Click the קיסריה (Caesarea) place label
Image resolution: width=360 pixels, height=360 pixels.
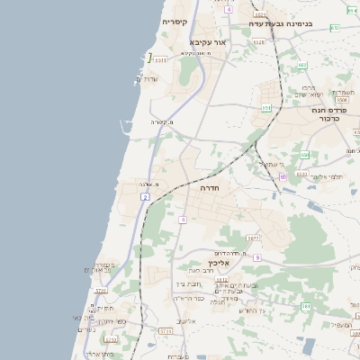coord(174,21)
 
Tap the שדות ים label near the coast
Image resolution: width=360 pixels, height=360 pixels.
coord(147,79)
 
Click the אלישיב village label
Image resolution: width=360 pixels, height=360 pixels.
coord(186,321)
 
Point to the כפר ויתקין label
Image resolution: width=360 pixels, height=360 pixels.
coord(113,321)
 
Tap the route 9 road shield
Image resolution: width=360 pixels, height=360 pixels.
coord(256,258)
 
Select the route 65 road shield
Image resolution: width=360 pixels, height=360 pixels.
coord(283,176)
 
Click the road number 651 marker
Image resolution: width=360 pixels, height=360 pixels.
coord(265,108)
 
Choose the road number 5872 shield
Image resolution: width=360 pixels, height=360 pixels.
coord(253,238)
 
